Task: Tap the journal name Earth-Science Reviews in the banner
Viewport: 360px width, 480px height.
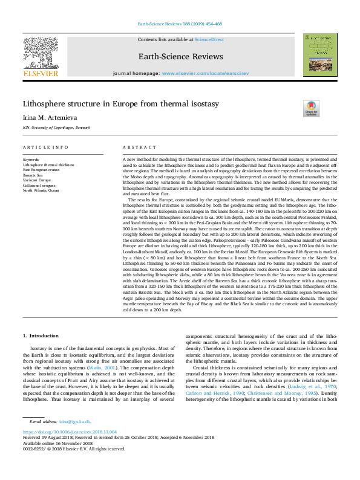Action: [x=180, y=57]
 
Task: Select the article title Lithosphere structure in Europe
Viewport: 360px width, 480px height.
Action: [x=121, y=104]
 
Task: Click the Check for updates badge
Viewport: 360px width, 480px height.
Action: [x=312, y=109]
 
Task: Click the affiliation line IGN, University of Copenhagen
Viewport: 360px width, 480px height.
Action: [x=56, y=128]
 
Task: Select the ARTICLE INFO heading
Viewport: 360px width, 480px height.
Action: [x=42, y=148]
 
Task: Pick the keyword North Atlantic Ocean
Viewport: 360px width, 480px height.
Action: [x=41, y=190]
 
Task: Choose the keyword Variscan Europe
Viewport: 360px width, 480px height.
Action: [x=37, y=180]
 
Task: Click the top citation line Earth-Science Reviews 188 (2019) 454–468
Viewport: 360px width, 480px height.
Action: [x=180, y=24]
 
